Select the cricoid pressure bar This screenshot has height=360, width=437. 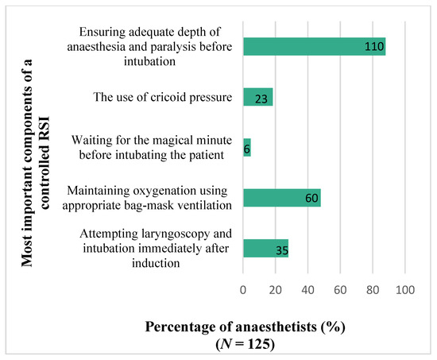[257, 97]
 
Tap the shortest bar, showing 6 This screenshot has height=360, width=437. [246, 148]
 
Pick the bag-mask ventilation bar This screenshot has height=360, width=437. [281, 198]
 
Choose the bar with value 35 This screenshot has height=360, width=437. [265, 249]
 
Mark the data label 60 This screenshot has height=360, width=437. [311, 199]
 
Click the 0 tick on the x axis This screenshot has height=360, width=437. [243, 291]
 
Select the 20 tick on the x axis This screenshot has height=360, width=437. [275, 291]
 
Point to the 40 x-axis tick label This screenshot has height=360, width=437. [307, 291]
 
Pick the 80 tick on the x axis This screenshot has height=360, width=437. [373, 291]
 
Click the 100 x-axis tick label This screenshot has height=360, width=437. [405, 291]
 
